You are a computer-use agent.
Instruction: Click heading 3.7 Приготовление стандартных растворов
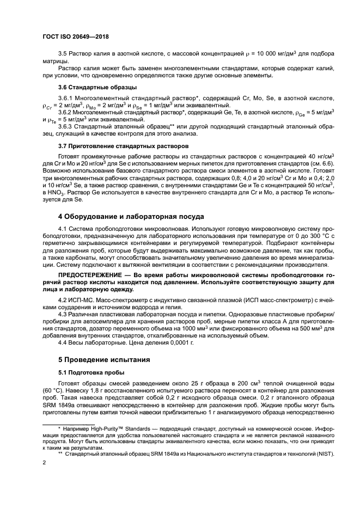123,146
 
